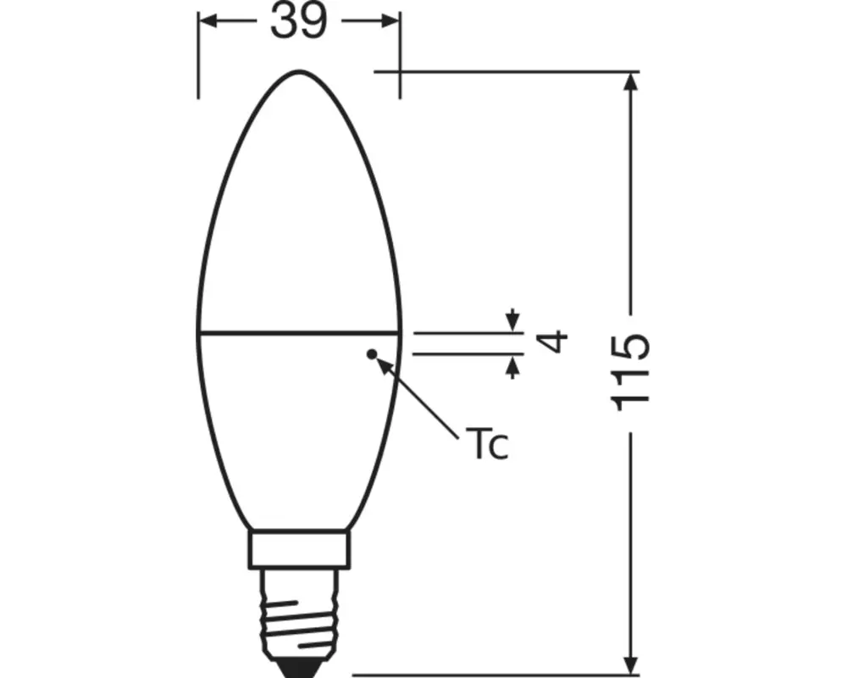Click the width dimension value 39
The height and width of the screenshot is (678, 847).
(x=298, y=22)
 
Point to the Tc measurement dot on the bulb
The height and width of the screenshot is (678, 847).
(x=370, y=353)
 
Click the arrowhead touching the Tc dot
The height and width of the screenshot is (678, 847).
(x=384, y=365)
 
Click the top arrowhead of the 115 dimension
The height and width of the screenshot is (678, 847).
(x=630, y=83)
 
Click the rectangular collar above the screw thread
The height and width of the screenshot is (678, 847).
(x=299, y=549)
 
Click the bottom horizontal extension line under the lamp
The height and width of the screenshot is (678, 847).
(x=491, y=675)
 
